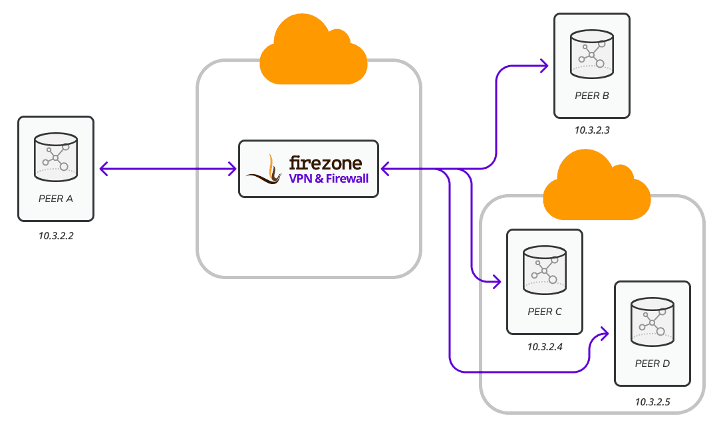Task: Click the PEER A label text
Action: pyautogui.click(x=56, y=198)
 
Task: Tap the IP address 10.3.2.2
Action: pyautogui.click(x=56, y=235)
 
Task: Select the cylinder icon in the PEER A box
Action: pyautogui.click(x=56, y=156)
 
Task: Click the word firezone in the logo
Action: pyautogui.click(x=325, y=163)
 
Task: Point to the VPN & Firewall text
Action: pyautogui.click(x=328, y=179)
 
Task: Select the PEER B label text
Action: pyautogui.click(x=592, y=96)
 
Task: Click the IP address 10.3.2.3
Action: pyautogui.click(x=592, y=132)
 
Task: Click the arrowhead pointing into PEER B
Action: pyautogui.click(x=544, y=66)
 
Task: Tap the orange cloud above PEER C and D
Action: pyautogui.click(x=596, y=187)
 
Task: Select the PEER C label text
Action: pyautogui.click(x=544, y=311)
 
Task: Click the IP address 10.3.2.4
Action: pyautogui.click(x=545, y=347)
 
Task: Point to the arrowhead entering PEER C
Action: pyautogui.click(x=497, y=282)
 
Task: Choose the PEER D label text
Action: pyautogui.click(x=652, y=364)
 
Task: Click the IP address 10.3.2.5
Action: pyautogui.click(x=652, y=402)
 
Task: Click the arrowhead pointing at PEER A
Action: pyautogui.click(x=104, y=169)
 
